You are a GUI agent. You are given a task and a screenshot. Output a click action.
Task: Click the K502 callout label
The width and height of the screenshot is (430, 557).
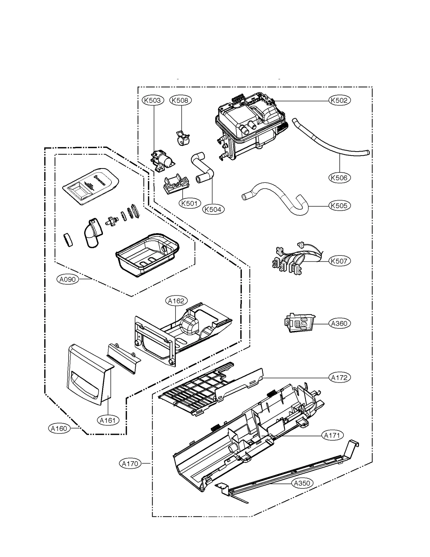click(339, 100)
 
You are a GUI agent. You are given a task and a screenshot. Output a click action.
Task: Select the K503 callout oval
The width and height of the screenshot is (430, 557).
click(153, 100)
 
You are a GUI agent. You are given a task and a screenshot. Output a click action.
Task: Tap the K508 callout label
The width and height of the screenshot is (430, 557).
click(180, 100)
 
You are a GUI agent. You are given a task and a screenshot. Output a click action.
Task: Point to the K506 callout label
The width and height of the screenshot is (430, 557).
click(339, 178)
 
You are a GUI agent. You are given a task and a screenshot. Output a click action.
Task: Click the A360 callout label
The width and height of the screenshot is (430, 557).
click(339, 323)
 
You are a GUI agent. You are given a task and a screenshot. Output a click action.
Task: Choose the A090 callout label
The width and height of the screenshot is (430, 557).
click(68, 279)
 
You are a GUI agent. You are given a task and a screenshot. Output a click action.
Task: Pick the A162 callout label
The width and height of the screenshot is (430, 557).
click(176, 301)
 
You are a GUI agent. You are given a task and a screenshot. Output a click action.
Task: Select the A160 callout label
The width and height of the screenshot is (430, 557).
click(59, 428)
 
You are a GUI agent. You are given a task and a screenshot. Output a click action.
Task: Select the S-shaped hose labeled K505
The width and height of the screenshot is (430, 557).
click(277, 196)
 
